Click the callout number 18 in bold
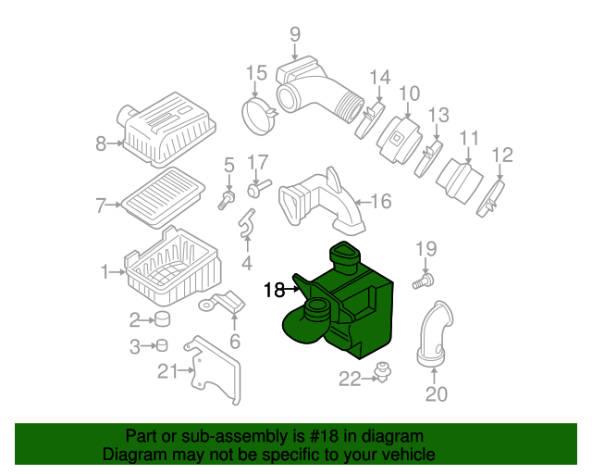274,290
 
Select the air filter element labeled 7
164,197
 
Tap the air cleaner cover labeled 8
166,130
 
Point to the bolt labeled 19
424,282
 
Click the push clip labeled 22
383,371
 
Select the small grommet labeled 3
162,345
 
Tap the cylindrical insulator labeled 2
163,318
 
